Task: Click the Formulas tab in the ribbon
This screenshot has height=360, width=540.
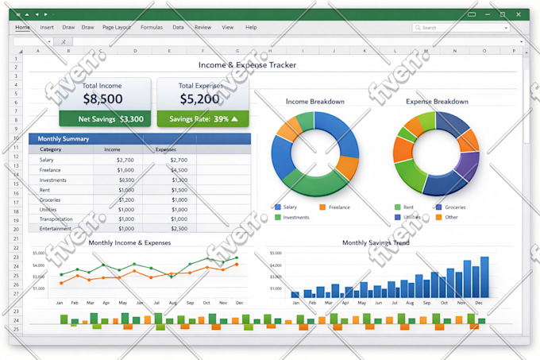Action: pos(151,27)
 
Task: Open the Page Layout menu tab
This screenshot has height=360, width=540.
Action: pos(117,27)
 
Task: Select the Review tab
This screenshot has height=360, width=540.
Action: pos(202,27)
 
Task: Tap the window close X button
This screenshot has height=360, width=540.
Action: pos(519,14)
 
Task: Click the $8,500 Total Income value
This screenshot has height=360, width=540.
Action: pos(102,99)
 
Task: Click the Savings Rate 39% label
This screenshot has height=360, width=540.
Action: pos(202,119)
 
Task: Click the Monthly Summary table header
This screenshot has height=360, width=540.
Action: pos(64,139)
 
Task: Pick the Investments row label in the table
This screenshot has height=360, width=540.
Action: pos(54,180)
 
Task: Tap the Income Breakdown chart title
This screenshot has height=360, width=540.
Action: pos(314,102)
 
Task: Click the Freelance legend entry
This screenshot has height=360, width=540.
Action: pos(339,207)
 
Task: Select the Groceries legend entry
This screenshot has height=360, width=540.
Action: pos(455,207)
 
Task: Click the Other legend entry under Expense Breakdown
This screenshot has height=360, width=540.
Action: pos(451,217)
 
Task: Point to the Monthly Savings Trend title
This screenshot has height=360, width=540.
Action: pos(376,242)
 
